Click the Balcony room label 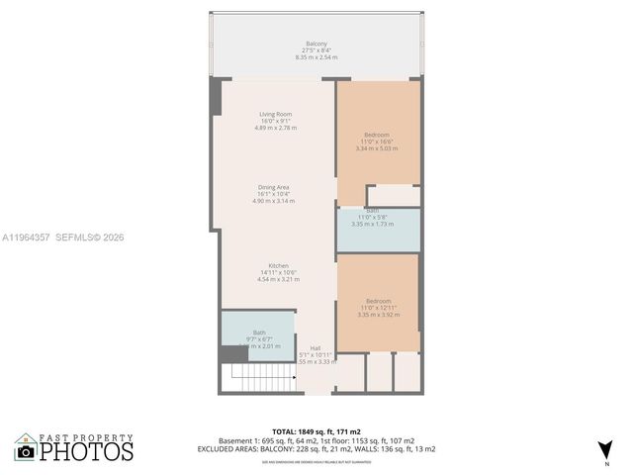point(316,44)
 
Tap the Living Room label point(276,115)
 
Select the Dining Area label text point(274,187)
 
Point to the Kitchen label point(277,266)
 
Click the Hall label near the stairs point(316,348)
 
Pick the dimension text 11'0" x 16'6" point(378,142)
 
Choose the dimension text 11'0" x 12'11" point(378,308)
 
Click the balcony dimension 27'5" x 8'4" point(316,50)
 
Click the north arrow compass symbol point(605,450)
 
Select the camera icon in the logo point(26,451)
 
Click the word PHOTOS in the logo point(86,451)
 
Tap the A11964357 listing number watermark point(27,237)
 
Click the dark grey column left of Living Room point(215,98)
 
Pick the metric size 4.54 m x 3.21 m point(277,280)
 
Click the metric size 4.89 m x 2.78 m point(276,129)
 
